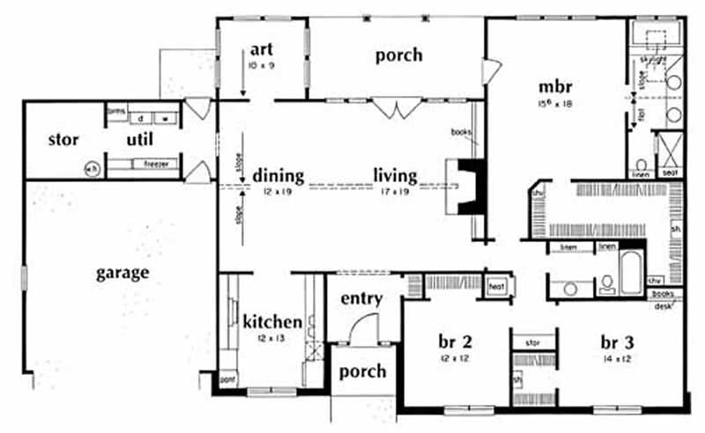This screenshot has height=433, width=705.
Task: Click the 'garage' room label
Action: pyautogui.click(x=122, y=273)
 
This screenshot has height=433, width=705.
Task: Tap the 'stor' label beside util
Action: pyautogui.click(x=63, y=140)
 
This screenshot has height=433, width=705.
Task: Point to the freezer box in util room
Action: pyautogui.click(x=155, y=165)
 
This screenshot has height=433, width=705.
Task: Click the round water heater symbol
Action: pyautogui.click(x=92, y=167)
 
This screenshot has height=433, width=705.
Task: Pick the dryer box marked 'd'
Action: pyautogui.click(x=140, y=117)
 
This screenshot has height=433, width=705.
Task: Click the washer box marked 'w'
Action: pyautogui.click(x=166, y=117)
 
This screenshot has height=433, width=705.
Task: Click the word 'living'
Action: pyautogui.click(x=394, y=175)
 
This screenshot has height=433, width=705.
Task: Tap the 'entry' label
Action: pyautogui.click(x=361, y=299)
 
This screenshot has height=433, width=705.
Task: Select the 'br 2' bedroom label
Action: pyautogui.click(x=456, y=342)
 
